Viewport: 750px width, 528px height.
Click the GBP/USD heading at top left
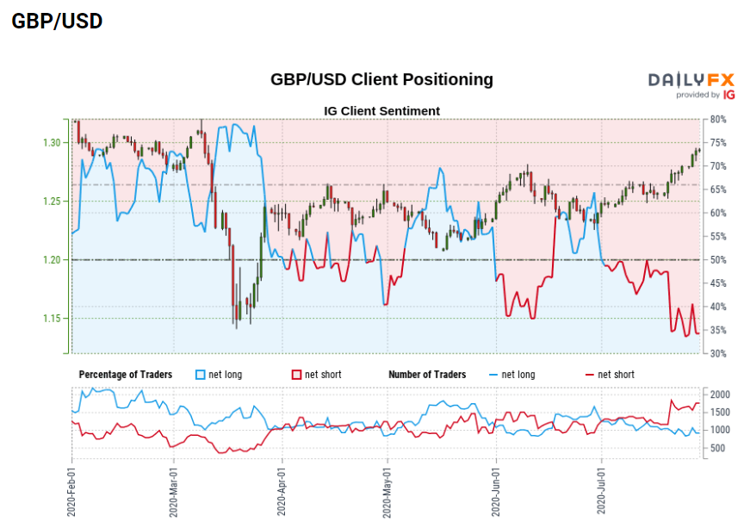tap(57, 22)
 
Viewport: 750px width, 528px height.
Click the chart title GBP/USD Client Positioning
tap(381, 79)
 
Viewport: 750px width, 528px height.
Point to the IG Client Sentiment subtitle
tap(381, 111)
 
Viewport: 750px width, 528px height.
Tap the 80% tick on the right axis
tap(719, 119)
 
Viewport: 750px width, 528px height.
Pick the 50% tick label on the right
tap(719, 260)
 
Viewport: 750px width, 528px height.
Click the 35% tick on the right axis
tap(719, 331)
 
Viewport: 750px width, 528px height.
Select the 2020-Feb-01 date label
tap(70, 493)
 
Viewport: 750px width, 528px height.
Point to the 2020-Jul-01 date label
tap(600, 493)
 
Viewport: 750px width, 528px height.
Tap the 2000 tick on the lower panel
tap(721, 394)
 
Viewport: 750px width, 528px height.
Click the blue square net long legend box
tap(201, 375)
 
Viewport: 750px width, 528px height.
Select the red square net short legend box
tap(295, 375)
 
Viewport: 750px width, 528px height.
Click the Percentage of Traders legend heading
tap(125, 375)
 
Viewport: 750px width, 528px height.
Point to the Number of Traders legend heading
tap(427, 375)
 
